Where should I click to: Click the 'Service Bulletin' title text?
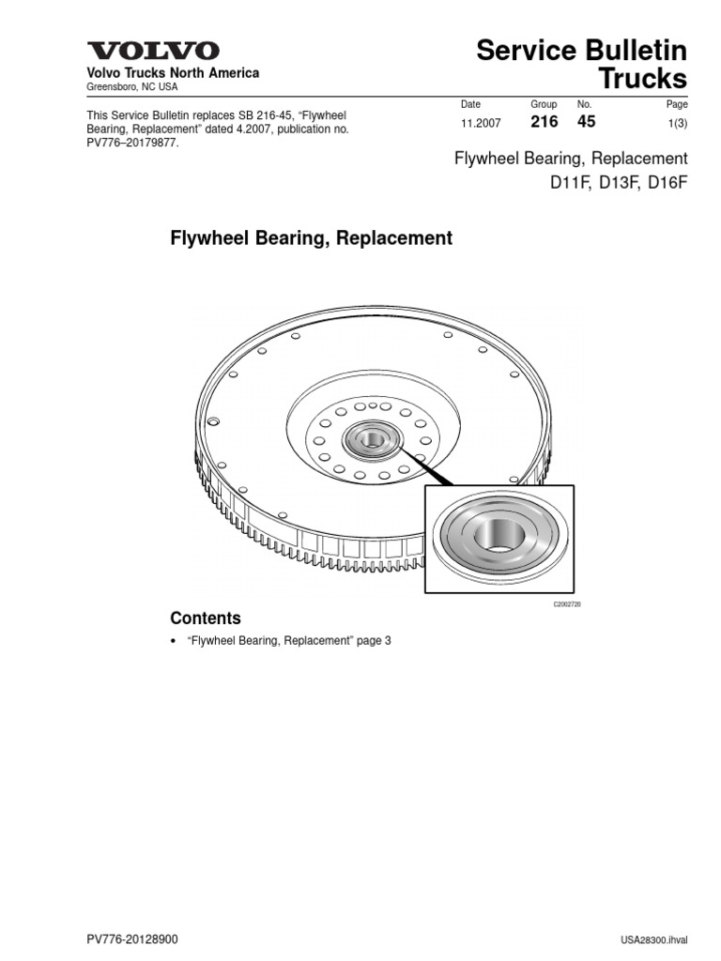[x=581, y=51]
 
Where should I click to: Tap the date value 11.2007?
[x=482, y=123]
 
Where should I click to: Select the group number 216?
[x=544, y=122]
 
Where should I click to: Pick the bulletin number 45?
[x=586, y=122]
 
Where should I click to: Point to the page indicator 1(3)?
[x=676, y=123]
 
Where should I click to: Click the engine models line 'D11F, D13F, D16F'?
[x=619, y=182]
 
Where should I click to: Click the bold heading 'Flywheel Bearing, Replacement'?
[x=311, y=238]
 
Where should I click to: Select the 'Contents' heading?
[x=205, y=618]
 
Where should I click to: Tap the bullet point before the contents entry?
[x=174, y=642]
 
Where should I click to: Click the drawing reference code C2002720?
[x=567, y=605]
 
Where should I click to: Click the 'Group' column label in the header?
[x=544, y=104]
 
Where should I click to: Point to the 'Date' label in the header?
[x=470, y=104]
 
